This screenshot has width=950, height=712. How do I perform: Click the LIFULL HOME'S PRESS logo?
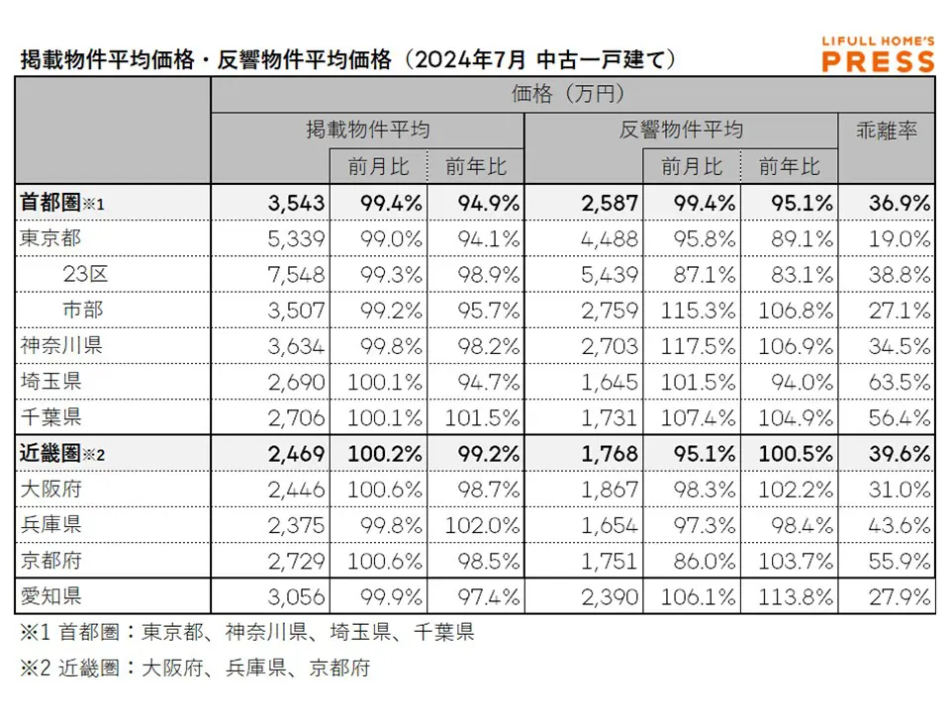878,54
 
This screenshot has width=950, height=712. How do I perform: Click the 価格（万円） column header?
572,94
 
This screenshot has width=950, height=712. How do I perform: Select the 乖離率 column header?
886,130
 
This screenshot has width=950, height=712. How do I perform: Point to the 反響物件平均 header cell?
681,130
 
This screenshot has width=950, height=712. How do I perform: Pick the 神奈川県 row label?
60,346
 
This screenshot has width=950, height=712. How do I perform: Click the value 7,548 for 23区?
296,274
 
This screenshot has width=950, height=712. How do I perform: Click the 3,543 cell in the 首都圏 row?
296,203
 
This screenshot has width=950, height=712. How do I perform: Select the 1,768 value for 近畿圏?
611,454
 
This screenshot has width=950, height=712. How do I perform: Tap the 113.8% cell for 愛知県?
796,597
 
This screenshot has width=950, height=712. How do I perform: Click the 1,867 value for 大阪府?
611,489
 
